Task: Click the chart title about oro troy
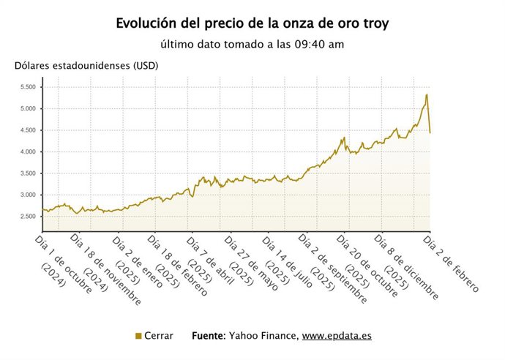click(x=252, y=23)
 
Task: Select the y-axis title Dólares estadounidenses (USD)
click(x=86, y=65)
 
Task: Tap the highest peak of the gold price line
click(x=427, y=94)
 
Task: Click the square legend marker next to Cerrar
click(x=138, y=336)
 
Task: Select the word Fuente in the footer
click(x=209, y=336)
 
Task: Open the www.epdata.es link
click(x=337, y=336)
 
